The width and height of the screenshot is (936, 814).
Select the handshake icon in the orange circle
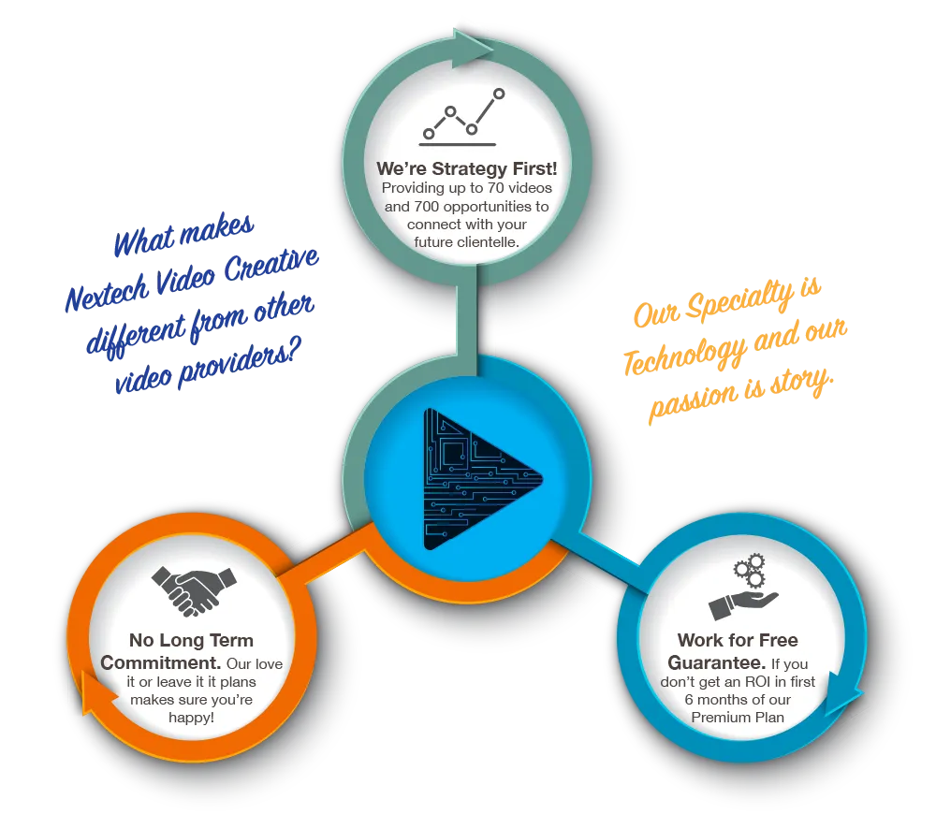pyautogui.click(x=192, y=590)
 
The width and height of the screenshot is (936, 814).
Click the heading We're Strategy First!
pyautogui.click(x=466, y=168)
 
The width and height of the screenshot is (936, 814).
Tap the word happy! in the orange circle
pyautogui.click(x=192, y=718)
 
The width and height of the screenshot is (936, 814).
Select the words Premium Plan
pyautogui.click(x=738, y=718)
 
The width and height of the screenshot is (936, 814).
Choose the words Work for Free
pyautogui.click(x=738, y=641)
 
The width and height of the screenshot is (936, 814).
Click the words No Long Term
pyautogui.click(x=191, y=641)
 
